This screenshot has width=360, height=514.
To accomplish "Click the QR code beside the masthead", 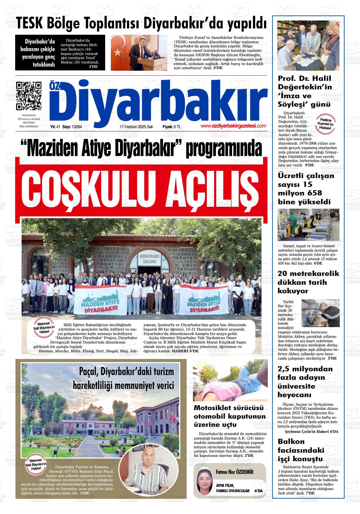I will pyautogui.click(x=29, y=95).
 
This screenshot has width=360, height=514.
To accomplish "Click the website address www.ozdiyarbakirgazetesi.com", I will pyautogui.click(x=233, y=126).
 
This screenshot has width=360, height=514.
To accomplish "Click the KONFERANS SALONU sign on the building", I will pyautogui.click(x=148, y=260).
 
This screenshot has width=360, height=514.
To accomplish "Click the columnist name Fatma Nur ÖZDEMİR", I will pyautogui.click(x=235, y=472).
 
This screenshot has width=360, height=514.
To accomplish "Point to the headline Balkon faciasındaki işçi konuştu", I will pyautogui.click(x=301, y=450).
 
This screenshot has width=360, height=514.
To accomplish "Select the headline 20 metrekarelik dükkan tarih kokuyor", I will pyautogui.click(x=308, y=282).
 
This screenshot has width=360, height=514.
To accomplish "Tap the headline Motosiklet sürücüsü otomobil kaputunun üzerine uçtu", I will pyautogui.click(x=230, y=416).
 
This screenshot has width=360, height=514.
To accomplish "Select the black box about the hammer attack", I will pyautogui.click(x=60, y=52).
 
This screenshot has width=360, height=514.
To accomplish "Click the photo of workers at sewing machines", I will pyautogui.click(x=308, y=224).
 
